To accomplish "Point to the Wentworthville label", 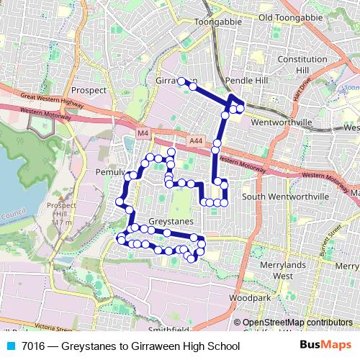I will [x=282, y=123].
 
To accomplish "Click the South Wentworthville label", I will [x=284, y=196].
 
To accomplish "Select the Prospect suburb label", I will [x=89, y=91].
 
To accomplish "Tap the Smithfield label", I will [x=171, y=330].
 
